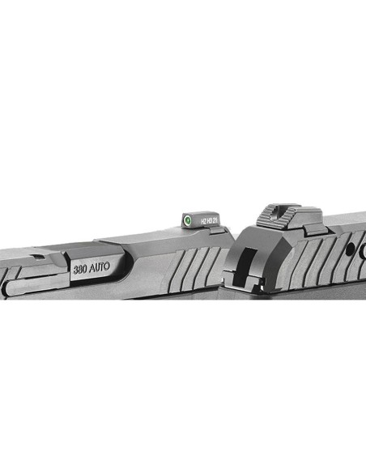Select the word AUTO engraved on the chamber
103,264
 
